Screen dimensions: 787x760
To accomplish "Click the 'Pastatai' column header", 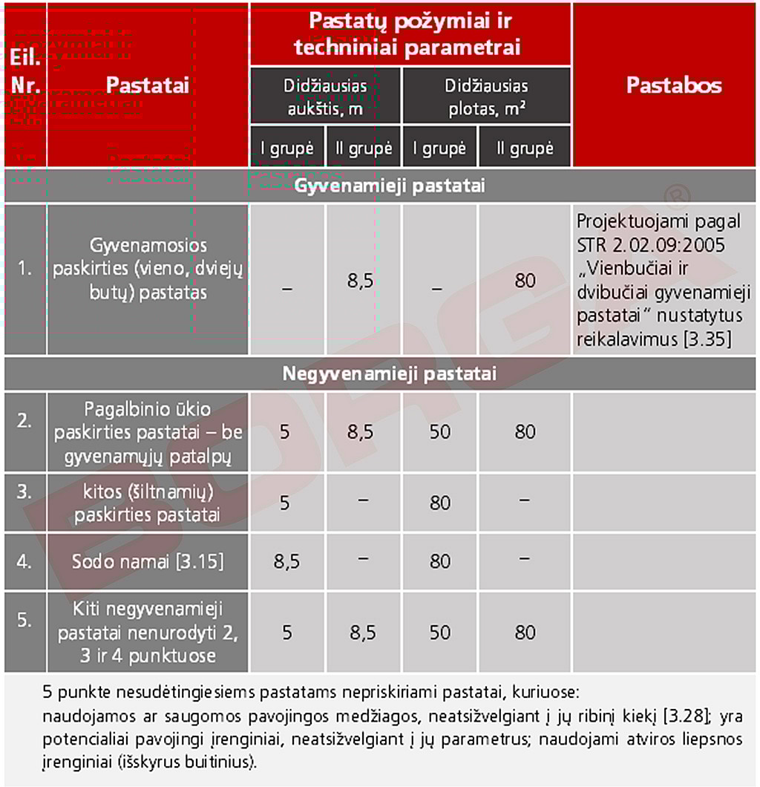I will tap(147, 85).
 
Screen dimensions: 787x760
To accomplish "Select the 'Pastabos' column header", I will tap(673, 85).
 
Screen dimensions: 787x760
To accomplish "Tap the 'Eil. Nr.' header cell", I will tap(24, 71).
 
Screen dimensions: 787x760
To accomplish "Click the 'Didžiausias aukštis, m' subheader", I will tap(325, 97).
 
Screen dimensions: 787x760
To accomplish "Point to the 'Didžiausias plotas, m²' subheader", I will tap(486, 97).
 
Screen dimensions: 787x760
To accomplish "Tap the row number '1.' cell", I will tap(25, 269).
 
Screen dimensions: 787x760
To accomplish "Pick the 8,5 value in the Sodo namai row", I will tap(286, 562).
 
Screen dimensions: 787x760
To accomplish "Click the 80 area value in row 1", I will tap(525, 281).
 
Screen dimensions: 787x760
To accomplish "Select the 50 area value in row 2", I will tap(439, 432).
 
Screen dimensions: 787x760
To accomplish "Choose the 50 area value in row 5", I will tap(439, 633).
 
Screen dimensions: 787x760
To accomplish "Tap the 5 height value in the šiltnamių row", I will tap(286, 503).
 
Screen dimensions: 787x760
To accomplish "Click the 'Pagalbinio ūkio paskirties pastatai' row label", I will tap(148, 432).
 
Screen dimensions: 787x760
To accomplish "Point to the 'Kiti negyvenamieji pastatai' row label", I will tap(148, 633).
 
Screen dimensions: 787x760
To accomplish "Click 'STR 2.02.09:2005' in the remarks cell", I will tap(650, 246).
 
